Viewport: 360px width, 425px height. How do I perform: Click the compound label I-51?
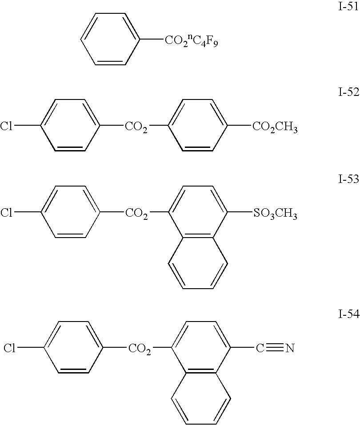tap(348, 8)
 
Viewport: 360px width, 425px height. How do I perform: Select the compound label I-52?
tap(348, 93)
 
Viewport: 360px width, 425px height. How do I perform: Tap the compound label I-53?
tap(348, 179)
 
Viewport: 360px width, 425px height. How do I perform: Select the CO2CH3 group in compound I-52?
tap(275, 128)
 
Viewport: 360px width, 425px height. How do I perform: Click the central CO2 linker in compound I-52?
tap(136, 128)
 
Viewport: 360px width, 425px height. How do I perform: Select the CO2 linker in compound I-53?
tap(136, 214)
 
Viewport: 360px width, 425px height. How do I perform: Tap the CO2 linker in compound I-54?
tap(140, 350)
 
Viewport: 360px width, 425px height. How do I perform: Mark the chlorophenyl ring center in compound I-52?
tap(69, 126)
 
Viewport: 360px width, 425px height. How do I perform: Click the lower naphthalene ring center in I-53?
tap(198, 264)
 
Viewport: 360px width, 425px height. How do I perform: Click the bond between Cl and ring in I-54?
tap(31, 348)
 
